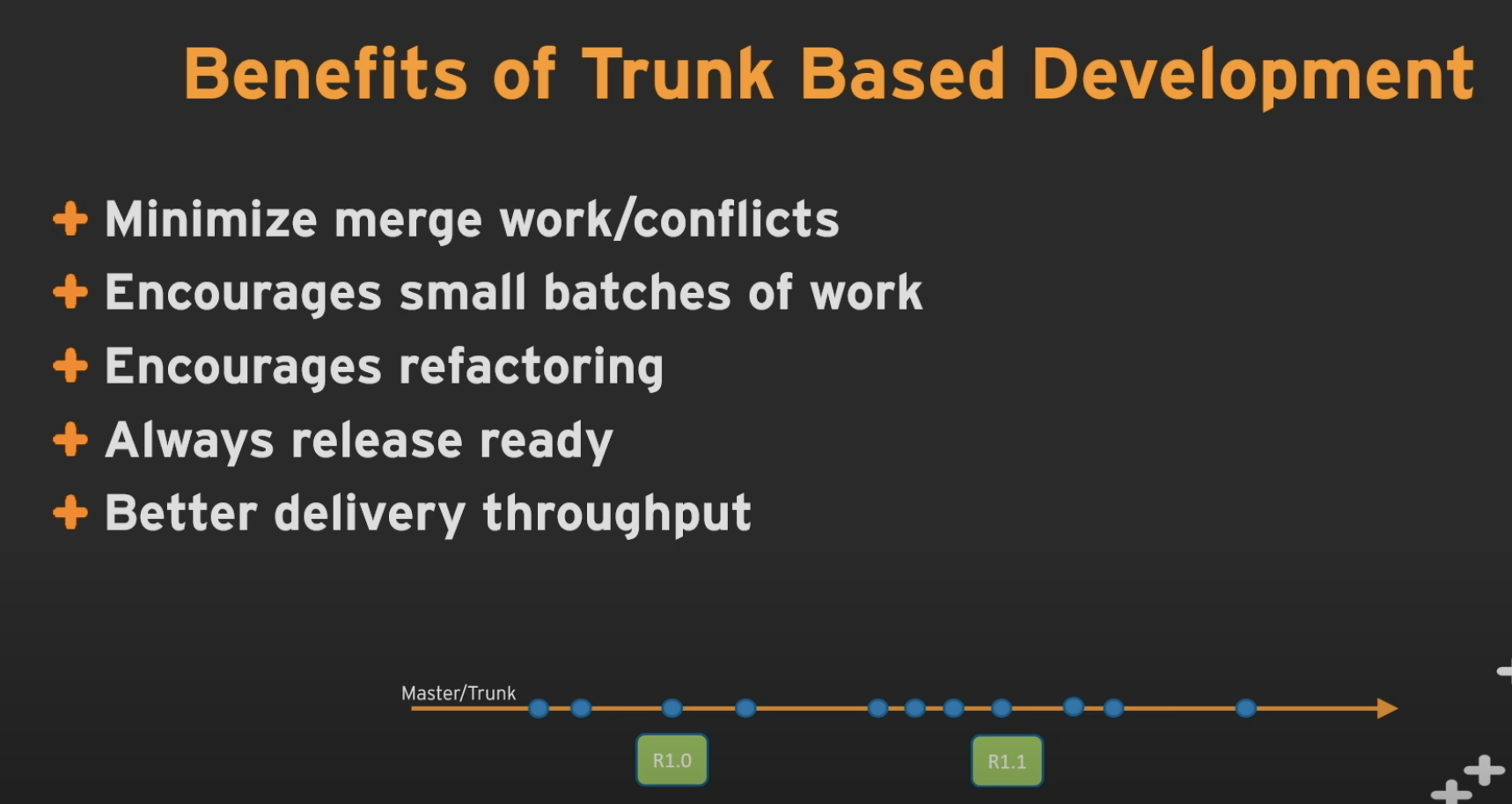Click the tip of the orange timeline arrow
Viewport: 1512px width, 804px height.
pos(1398,708)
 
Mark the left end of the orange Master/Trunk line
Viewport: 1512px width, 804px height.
pos(412,708)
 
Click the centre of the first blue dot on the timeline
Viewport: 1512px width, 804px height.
pos(539,708)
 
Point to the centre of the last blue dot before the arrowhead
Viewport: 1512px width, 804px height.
pos(1245,708)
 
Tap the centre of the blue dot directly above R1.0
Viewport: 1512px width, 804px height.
pos(672,708)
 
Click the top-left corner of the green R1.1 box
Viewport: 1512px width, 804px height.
pos(972,737)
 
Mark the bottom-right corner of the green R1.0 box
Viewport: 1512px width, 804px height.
pos(708,785)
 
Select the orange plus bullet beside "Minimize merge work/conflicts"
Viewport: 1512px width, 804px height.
pos(70,218)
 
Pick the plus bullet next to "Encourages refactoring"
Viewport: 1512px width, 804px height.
pos(70,365)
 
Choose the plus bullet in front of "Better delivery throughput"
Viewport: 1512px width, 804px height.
pos(70,512)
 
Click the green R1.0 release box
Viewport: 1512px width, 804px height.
pos(672,760)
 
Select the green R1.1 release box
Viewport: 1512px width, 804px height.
pos(1007,761)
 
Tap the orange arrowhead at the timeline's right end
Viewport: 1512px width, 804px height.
pos(1388,708)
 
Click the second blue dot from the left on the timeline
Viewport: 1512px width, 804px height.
pos(581,708)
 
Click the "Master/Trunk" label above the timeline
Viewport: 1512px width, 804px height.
pos(459,693)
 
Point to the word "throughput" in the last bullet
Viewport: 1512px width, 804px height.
pos(617,514)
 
